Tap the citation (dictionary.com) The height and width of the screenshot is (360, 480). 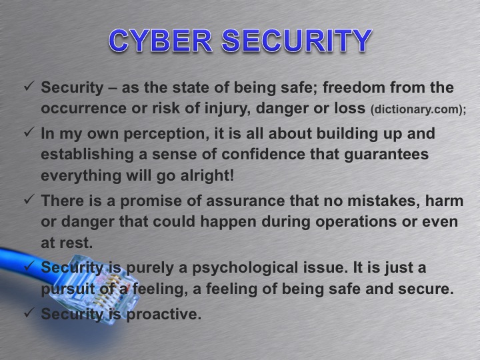[407, 108]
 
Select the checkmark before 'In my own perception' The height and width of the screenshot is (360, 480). [29, 133]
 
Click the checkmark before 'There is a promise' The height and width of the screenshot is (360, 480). [29, 199]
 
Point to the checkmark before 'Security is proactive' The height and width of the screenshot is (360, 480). [29, 313]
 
